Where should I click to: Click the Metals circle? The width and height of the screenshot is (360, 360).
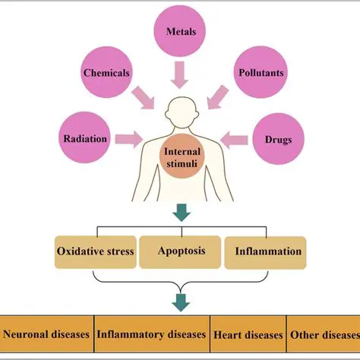[x=181, y=31]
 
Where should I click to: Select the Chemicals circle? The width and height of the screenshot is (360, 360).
[x=106, y=74]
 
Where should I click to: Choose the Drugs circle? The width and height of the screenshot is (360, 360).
[x=278, y=141]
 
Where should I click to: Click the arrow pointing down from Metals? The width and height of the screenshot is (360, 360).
[x=181, y=75]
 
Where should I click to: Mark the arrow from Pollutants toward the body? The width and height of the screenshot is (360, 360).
[x=219, y=97]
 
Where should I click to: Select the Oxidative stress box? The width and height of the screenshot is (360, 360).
[x=96, y=251]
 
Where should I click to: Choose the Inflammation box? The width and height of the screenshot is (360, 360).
[x=268, y=251]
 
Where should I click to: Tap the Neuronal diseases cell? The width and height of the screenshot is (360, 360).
[x=47, y=333]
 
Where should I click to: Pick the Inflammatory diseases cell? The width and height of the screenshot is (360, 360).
[x=150, y=333]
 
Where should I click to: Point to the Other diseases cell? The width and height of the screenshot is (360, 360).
[x=324, y=333]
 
